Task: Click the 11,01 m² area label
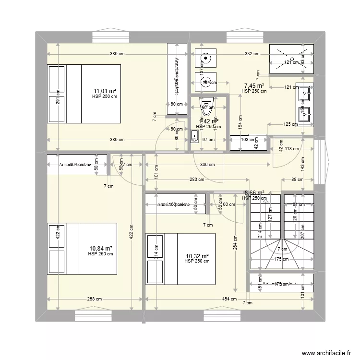[x=105, y=91]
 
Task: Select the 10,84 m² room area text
[x=100, y=248]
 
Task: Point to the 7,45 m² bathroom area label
[x=254, y=85]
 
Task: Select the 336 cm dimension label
[x=207, y=165]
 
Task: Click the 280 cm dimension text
[x=196, y=180]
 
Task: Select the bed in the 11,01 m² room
[x=84, y=95]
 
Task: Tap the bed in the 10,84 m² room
[x=82, y=249]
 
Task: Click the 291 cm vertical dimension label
[x=58, y=98]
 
